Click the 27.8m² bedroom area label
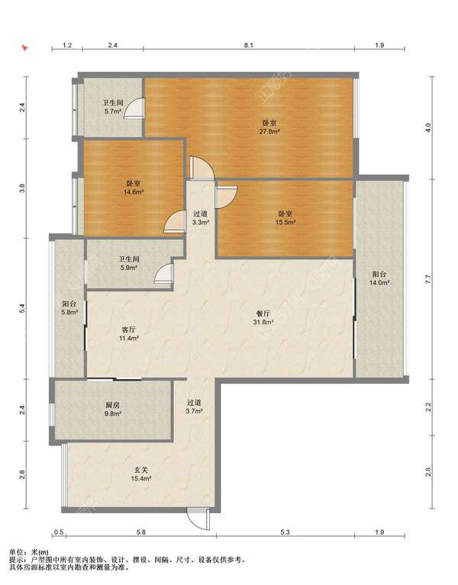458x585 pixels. coord(269,127)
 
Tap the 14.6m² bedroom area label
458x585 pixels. coord(134,188)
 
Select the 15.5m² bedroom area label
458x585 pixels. coord(285,218)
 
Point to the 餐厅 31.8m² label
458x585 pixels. coord(263,317)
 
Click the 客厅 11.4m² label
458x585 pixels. coord(129,334)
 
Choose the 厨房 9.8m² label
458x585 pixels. coord(113,409)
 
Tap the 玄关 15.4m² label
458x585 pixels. coord(140,474)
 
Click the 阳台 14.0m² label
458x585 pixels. coord(379,278)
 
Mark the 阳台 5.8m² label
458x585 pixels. coord(69,308)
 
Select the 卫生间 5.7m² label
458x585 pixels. coord(113,107)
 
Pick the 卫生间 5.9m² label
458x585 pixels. coord(129,263)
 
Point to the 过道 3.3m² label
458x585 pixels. coord(201,218)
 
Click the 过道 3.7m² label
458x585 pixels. coord(195,407)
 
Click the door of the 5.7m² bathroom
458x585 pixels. coord(134,108)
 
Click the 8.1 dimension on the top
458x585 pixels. coord(249,45)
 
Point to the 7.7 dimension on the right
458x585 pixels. coord(428,278)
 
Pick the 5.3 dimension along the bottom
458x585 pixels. coord(285,532)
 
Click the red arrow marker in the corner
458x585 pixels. coord(25,48)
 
